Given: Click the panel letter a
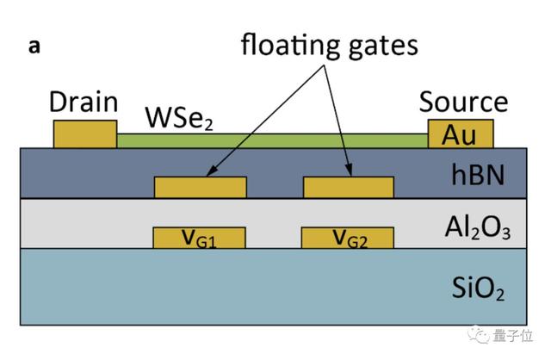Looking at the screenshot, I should pos(34,47).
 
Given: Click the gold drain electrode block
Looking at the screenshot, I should pos(84,134).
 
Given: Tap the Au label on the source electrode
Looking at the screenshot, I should pos(460,135).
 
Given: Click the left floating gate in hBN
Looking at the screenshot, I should pos(200,187).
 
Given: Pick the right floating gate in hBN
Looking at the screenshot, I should pos(349,187).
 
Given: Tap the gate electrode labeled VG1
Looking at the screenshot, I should pos(199,239).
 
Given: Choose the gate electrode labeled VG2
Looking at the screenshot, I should pos(348,239).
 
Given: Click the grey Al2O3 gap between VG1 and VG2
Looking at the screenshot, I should pos(274,239).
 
